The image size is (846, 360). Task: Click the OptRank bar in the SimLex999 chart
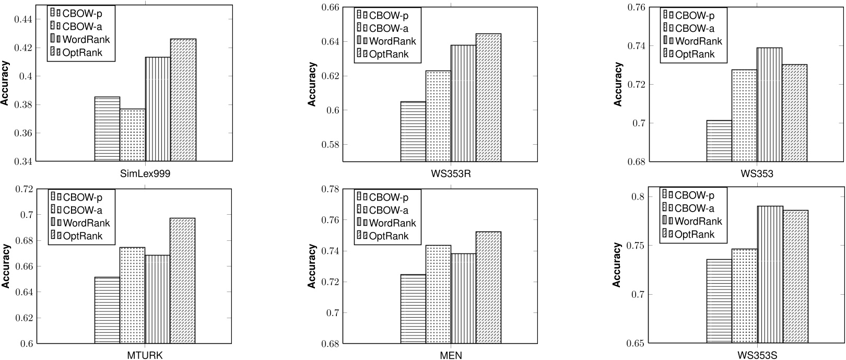coord(183,100)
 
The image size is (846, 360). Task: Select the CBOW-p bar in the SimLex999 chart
coord(107,129)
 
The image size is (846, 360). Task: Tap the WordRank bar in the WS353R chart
coord(463,103)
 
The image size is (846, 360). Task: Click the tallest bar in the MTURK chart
coord(183,281)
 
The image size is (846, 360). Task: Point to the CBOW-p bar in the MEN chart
coord(413,309)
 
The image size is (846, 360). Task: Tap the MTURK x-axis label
coord(145,356)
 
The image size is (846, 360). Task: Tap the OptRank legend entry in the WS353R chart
coord(383,54)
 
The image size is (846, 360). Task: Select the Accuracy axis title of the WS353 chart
coord(618,84)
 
